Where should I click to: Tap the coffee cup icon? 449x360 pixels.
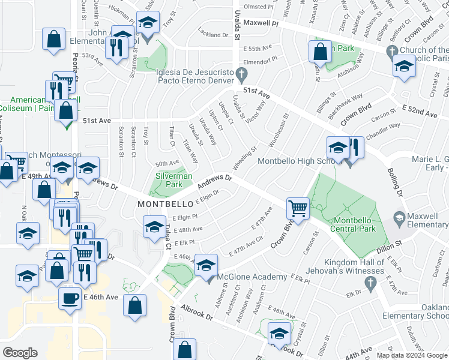click(70, 298)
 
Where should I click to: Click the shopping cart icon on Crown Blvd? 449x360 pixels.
click(297, 209)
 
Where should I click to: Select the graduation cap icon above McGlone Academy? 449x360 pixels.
click(206, 265)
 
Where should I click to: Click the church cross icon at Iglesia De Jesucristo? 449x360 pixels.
click(241, 75)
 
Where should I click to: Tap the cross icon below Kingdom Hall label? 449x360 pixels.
click(372, 282)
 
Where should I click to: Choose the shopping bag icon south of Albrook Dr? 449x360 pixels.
click(186, 349)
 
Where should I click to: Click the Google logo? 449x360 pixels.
click(20, 353)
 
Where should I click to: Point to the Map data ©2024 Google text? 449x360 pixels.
click(412, 355)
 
